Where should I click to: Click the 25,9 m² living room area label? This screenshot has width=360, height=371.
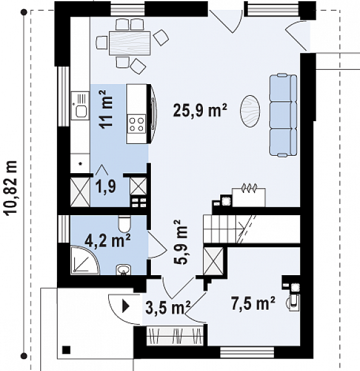click(x=200, y=110)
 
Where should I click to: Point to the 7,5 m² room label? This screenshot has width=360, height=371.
click(x=253, y=304)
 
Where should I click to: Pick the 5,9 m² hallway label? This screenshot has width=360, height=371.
click(x=181, y=242)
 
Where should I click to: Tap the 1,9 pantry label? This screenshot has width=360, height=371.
click(x=106, y=186)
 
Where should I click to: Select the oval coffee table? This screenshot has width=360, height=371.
click(x=250, y=111)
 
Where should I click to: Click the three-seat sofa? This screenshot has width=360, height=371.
click(x=283, y=115)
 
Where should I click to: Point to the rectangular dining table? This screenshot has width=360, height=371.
click(x=130, y=43)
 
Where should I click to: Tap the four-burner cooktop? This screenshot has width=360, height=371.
click(x=137, y=124)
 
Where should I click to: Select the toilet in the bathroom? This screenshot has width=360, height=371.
click(x=124, y=224)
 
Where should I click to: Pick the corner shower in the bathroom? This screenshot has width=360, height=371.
click(x=85, y=260)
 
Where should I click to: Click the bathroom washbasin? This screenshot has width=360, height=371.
click(x=124, y=270)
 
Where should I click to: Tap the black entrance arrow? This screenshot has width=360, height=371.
click(x=126, y=307)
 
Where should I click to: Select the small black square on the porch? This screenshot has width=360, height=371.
click(x=67, y=350)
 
